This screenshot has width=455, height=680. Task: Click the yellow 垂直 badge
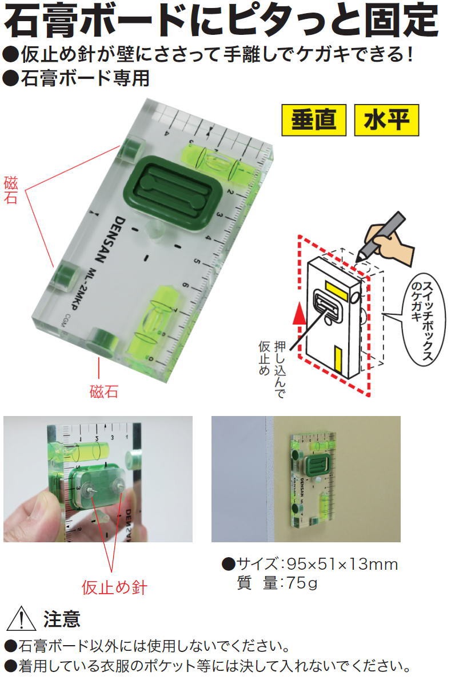click(314, 121)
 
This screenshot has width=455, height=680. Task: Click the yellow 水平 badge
click(386, 121)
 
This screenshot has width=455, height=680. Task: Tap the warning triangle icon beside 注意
click(19, 619)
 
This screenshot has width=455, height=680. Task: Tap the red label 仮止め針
click(114, 587)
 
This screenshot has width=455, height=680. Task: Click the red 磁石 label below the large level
click(103, 392)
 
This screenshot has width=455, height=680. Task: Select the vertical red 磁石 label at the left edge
click(10, 191)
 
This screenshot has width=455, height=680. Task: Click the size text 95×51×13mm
click(341, 565)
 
